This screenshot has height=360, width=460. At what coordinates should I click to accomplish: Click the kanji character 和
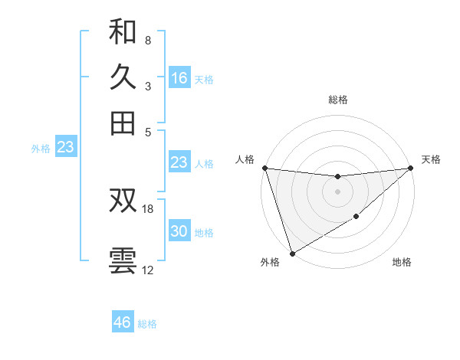pos(123,31)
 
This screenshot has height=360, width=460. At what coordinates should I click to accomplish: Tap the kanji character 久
pos(123,77)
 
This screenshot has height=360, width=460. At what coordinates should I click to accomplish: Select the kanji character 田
pos(123,123)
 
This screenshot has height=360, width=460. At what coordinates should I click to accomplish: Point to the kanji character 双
pos(123,200)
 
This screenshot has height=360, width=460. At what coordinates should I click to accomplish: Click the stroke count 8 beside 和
pos(147,40)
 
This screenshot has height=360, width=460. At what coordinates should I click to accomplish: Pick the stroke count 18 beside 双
pos(148,208)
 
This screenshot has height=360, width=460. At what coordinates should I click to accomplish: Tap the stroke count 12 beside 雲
pos(148,270)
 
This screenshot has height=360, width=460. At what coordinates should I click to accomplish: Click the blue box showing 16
pos(179,78)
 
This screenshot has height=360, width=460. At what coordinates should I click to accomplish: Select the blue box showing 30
pos(179,231)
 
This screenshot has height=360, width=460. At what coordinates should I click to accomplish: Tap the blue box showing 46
pos(123,322)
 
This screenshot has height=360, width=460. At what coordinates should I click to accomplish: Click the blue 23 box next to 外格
pos(65,147)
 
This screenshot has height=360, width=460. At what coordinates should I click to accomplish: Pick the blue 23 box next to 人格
pos(179,162)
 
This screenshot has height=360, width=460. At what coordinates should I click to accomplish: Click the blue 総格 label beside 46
pos(147,324)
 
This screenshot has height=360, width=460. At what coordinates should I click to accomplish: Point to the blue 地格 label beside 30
pos(204,233)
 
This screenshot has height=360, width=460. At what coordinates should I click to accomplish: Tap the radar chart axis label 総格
pos(337,100)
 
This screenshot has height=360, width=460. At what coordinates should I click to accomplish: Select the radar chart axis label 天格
pos(431,159)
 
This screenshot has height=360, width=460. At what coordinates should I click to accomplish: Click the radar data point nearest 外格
pos(292,253)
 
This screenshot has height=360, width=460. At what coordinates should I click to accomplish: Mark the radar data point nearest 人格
pos(264,168)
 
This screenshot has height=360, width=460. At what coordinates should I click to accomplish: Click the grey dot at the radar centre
pos(337,191)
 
